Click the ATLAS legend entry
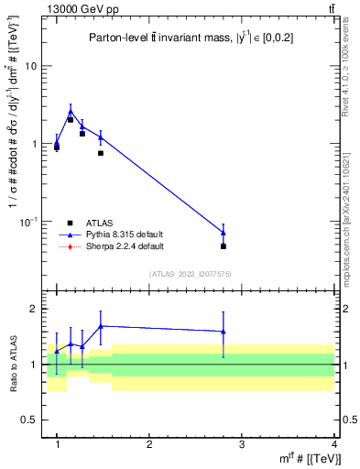click(100, 223)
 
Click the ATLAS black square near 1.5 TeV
click(100, 153)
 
